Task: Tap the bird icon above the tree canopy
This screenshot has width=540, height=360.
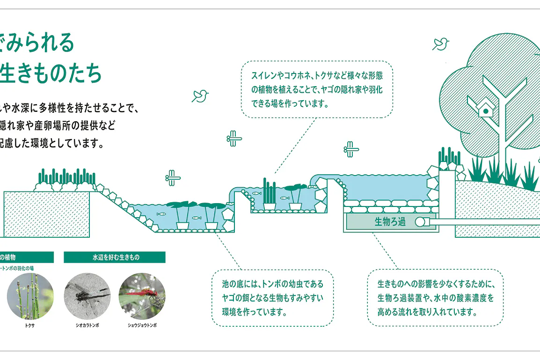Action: [440, 44]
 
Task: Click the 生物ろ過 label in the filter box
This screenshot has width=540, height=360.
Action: [390, 222]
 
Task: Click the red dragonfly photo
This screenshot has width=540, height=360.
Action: [142, 296]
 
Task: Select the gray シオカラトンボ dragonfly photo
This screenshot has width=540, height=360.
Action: [87, 296]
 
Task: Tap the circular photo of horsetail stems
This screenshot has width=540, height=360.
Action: [30, 296]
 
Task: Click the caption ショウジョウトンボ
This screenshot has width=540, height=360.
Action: [142, 325]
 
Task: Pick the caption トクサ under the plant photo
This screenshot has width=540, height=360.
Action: [30, 325]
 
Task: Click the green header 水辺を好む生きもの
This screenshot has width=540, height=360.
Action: [115, 257]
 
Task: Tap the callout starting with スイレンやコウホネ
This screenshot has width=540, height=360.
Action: [317, 89]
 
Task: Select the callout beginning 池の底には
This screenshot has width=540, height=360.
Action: [272, 297]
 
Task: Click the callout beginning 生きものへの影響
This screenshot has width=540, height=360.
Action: [435, 297]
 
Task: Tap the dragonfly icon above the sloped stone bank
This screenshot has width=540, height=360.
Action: [173, 177]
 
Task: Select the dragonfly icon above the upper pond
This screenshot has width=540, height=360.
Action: [351, 149]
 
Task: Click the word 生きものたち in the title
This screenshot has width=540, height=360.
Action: [51, 73]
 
